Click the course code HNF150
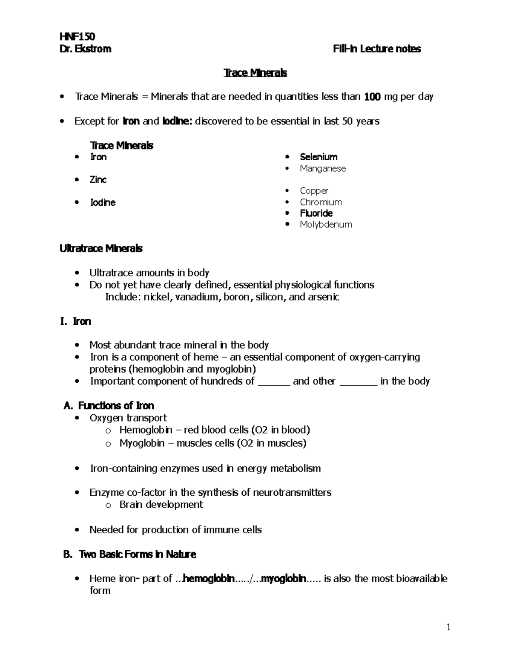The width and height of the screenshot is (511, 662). (x=77, y=37)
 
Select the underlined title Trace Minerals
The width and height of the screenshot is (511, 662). (x=255, y=73)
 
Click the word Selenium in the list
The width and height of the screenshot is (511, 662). (x=319, y=157)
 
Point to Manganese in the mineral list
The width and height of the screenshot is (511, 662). (x=322, y=168)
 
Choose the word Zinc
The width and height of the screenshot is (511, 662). (x=98, y=179)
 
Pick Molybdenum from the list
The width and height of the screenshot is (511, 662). (x=326, y=224)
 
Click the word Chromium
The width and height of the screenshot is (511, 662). (x=321, y=202)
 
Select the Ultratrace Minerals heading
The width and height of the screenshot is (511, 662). (x=101, y=249)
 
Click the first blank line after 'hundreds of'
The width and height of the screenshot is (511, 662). (x=274, y=382)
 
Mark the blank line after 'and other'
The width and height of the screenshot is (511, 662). (x=358, y=382)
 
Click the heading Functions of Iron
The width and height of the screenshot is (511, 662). (x=116, y=405)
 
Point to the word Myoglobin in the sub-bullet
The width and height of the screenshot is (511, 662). (x=142, y=443)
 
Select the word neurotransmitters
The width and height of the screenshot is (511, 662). (x=292, y=492)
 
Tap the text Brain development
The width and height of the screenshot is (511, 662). (x=161, y=505)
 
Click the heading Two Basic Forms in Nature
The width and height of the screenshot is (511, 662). (x=137, y=554)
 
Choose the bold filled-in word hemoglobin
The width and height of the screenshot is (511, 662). (x=208, y=578)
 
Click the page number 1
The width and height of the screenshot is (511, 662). (x=448, y=627)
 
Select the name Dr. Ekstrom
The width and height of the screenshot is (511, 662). (x=86, y=49)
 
